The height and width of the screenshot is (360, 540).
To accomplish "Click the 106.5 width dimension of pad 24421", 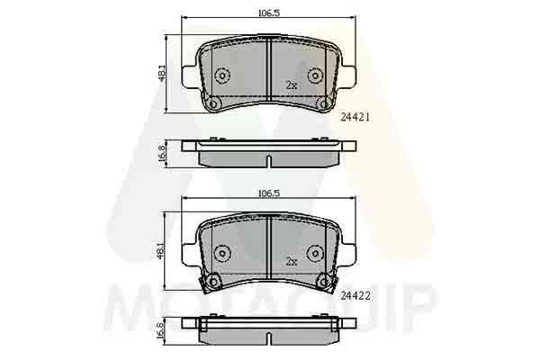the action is (x=269, y=13).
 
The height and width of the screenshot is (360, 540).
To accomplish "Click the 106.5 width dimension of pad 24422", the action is (x=269, y=193).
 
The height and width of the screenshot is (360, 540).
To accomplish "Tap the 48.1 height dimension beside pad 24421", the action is (x=162, y=74).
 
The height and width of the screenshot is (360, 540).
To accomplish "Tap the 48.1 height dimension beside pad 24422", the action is (x=161, y=250).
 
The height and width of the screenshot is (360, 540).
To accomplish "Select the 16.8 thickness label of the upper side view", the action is (x=161, y=154).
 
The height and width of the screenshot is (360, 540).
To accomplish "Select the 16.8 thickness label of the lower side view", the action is (x=161, y=330).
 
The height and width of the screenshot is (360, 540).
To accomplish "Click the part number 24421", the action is (x=355, y=118).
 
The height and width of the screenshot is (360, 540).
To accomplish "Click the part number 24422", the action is (x=355, y=295).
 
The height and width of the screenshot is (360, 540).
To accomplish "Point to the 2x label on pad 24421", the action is (x=292, y=85).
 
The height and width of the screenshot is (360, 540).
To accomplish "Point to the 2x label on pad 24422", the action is (x=292, y=262).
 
